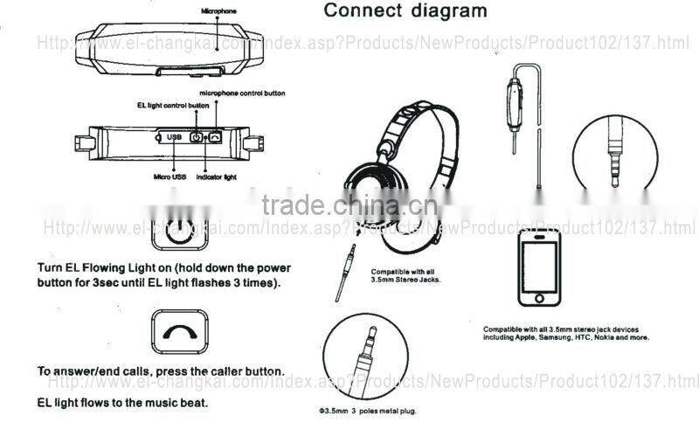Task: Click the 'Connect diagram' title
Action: click(x=405, y=11)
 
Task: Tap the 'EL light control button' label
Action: click(x=173, y=105)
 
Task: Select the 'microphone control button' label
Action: click(x=242, y=93)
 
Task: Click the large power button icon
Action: click(x=179, y=234)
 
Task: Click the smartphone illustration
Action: click(x=539, y=268)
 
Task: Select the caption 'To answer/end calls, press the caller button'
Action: click(x=160, y=371)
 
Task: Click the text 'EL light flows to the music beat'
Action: click(x=122, y=403)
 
